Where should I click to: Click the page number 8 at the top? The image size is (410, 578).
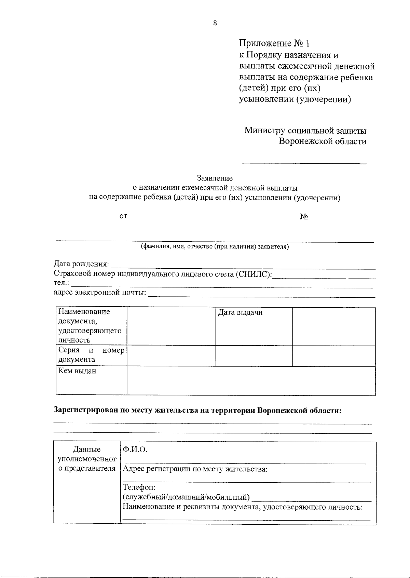coord(215,23)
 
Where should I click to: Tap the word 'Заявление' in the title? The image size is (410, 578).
coord(215,178)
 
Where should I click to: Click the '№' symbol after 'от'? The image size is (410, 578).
coord(304,217)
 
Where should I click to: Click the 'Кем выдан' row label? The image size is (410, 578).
coord(77,371)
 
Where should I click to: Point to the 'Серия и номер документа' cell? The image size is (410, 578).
coord(91,355)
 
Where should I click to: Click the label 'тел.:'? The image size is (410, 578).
coord(61,283)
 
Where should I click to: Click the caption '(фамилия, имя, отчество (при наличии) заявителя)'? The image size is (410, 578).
coord(215,246)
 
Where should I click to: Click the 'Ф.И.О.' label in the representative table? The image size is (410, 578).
coord(135,449)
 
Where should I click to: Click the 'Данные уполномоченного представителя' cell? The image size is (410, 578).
coord(87,459)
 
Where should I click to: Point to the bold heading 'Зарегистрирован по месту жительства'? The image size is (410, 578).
coord(197,411)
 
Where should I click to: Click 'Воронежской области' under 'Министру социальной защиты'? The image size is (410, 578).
coord(323,142)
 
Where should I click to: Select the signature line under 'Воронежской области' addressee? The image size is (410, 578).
coord(304,164)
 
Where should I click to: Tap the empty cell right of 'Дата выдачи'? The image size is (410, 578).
coord(333,326)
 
